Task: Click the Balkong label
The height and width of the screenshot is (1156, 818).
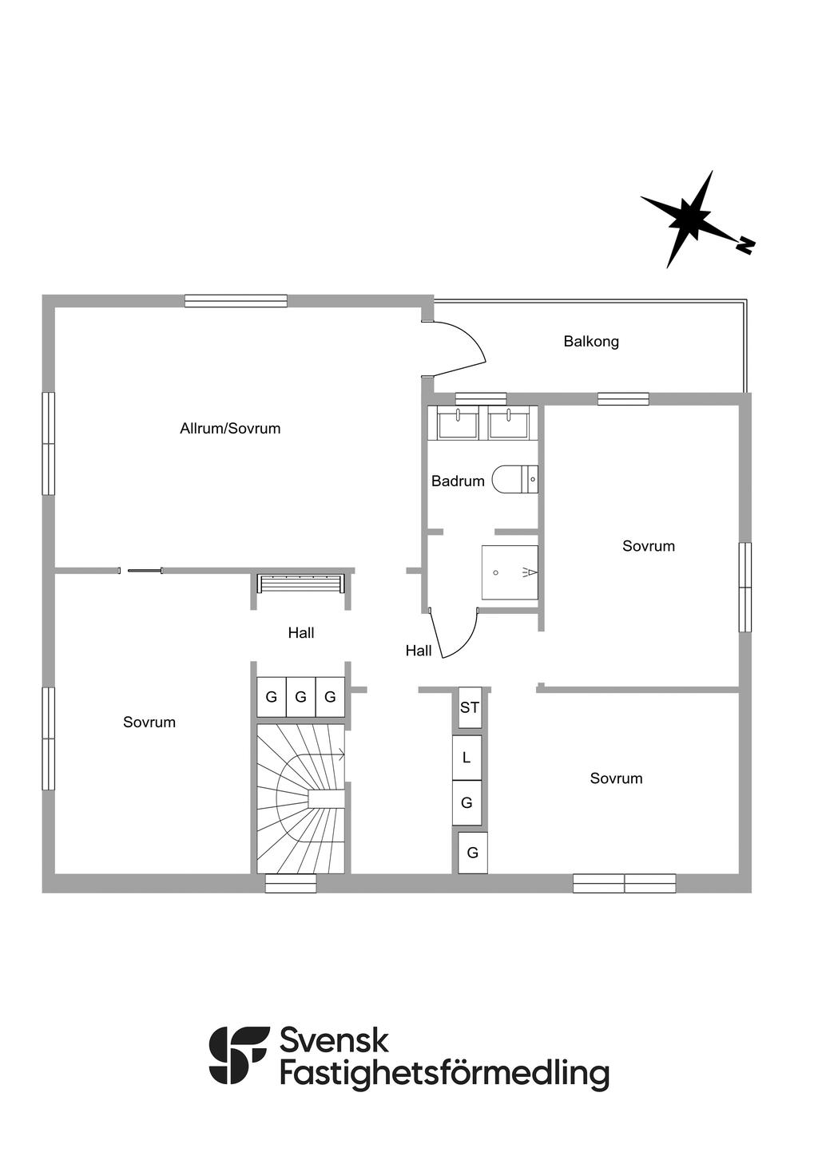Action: click(x=591, y=342)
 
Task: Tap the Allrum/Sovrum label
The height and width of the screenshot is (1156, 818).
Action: click(x=230, y=429)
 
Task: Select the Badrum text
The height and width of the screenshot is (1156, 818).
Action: click(x=458, y=481)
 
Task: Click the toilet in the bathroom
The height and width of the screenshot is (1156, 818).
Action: click(x=515, y=479)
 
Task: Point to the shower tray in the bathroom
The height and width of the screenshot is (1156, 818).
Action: click(x=510, y=572)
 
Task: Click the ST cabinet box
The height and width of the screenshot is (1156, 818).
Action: click(x=470, y=707)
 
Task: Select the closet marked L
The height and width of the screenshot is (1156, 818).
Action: click(x=467, y=758)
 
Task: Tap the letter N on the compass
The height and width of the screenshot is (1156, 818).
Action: click(x=745, y=246)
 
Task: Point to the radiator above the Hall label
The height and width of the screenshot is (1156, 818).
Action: click(x=301, y=584)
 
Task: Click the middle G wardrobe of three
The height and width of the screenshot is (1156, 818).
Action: click(x=301, y=697)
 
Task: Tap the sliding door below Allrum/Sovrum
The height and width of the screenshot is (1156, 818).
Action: click(x=141, y=570)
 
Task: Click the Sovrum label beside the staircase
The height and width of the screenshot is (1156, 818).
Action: click(x=149, y=722)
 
